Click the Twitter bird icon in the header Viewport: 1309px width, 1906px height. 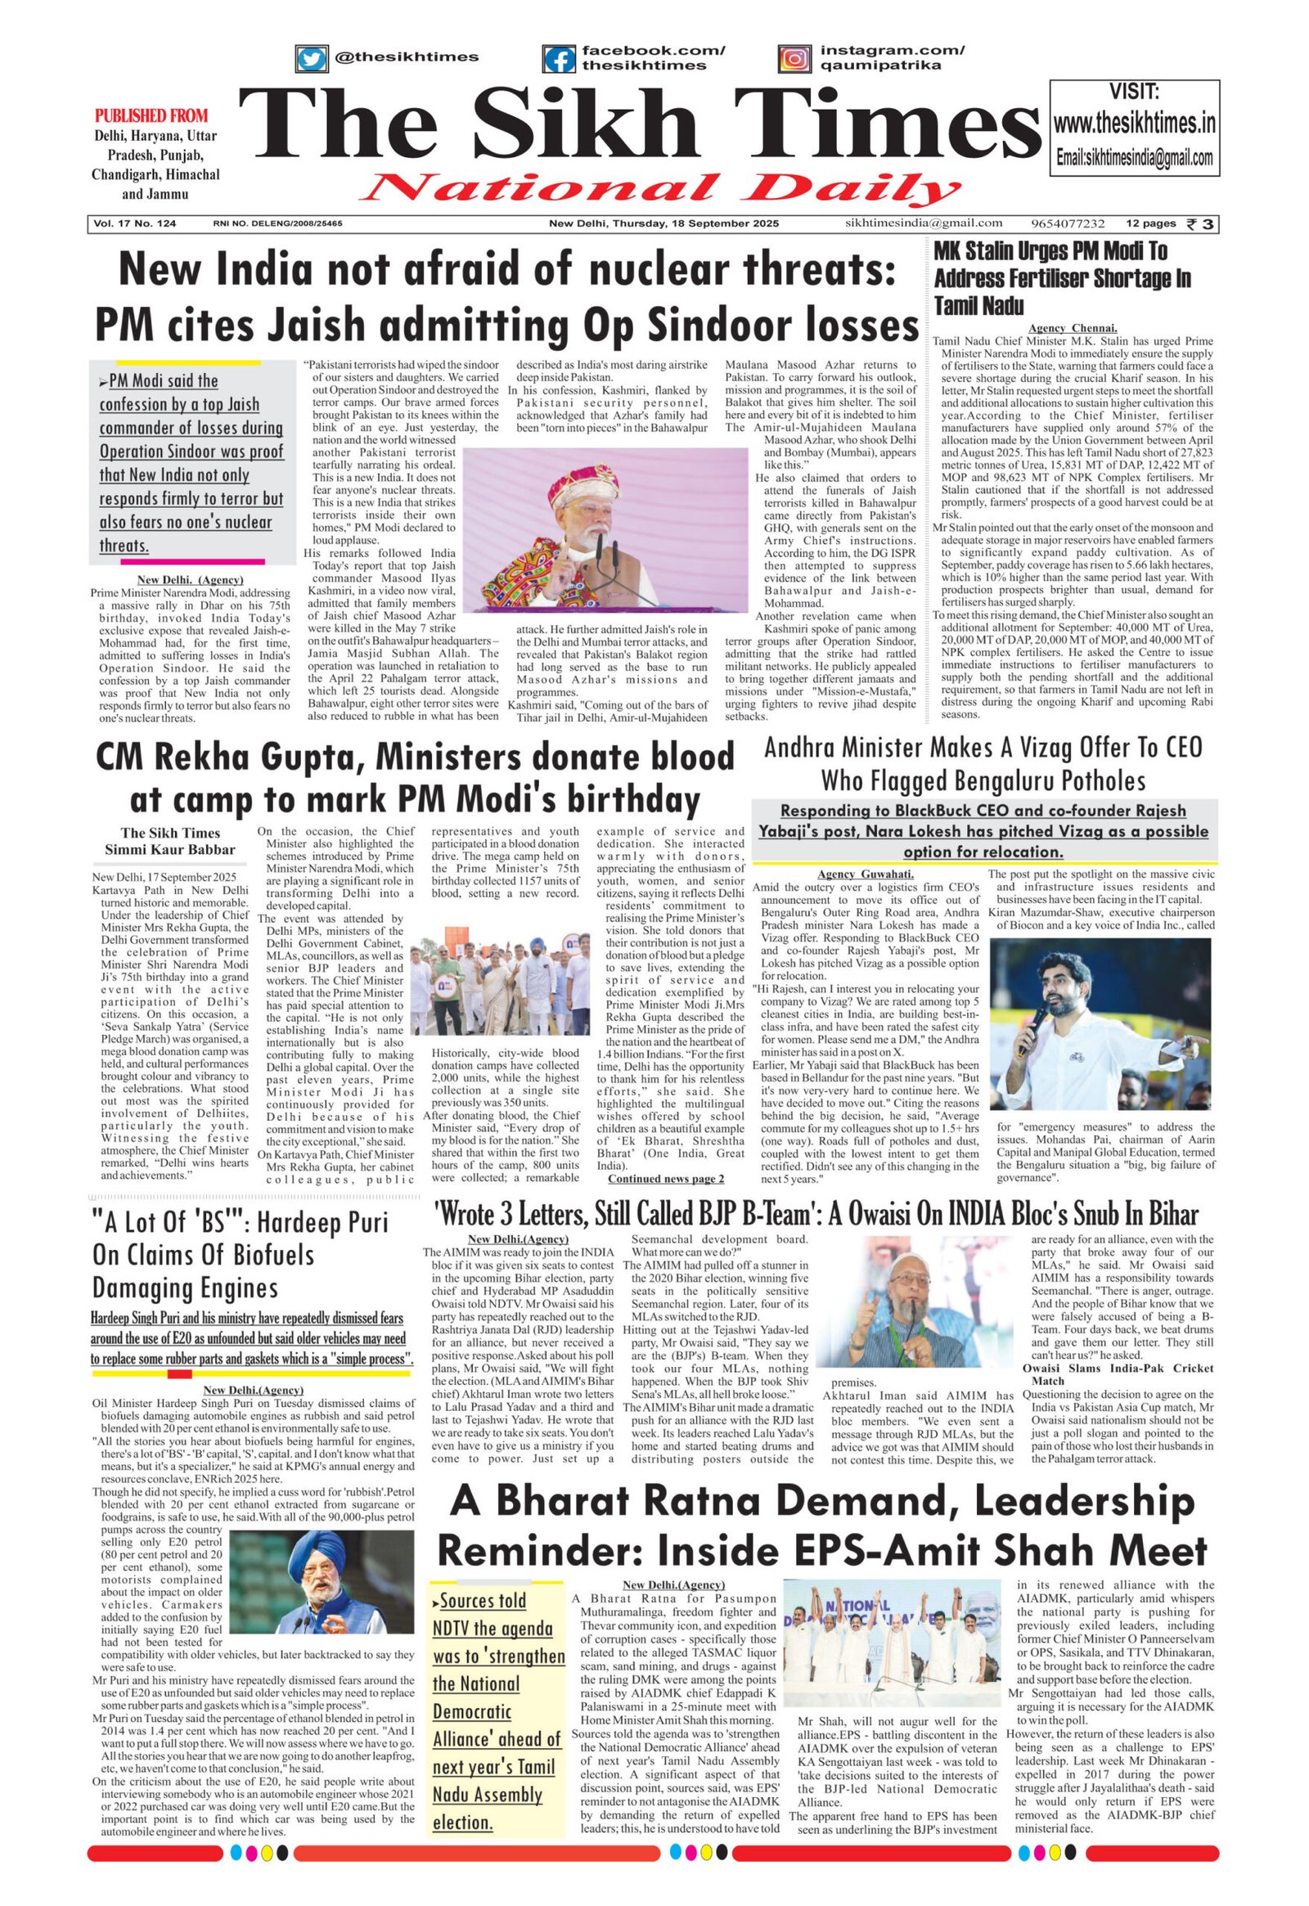[x=311, y=59]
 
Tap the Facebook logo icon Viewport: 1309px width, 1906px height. [x=560, y=59]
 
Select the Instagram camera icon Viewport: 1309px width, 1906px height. [x=794, y=59]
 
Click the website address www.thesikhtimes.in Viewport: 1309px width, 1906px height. [x=1134, y=124]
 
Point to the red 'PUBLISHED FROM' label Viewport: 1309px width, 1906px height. [x=151, y=115]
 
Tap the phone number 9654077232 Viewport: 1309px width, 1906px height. [x=1067, y=223]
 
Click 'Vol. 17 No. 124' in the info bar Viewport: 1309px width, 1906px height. [x=135, y=223]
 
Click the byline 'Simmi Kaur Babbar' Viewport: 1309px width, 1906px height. [x=170, y=849]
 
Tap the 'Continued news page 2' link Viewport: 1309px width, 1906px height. [x=665, y=1179]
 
